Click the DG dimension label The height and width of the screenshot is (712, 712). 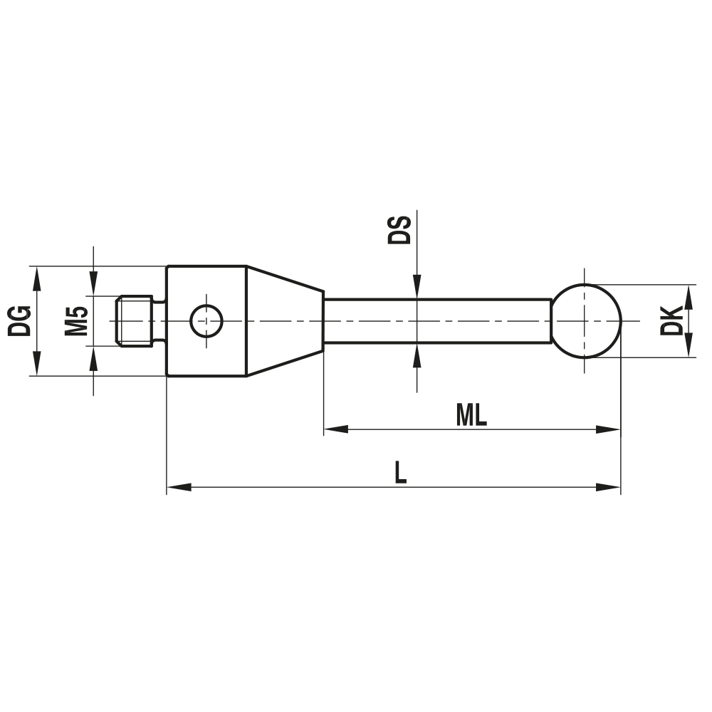pyautogui.click(x=19, y=320)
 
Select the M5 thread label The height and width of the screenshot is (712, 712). pyautogui.click(x=76, y=320)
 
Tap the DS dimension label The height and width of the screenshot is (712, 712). pyautogui.click(x=399, y=230)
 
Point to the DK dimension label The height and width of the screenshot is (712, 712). pyautogui.click(x=671, y=320)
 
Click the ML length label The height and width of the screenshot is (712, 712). pyautogui.click(x=471, y=415)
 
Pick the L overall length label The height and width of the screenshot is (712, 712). pyautogui.click(x=400, y=472)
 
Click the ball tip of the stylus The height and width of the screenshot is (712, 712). pyautogui.click(x=586, y=320)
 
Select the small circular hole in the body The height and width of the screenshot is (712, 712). pyautogui.click(x=206, y=320)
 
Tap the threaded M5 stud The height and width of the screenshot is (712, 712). pyautogui.click(x=135, y=320)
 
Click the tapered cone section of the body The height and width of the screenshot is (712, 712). pyautogui.click(x=285, y=320)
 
